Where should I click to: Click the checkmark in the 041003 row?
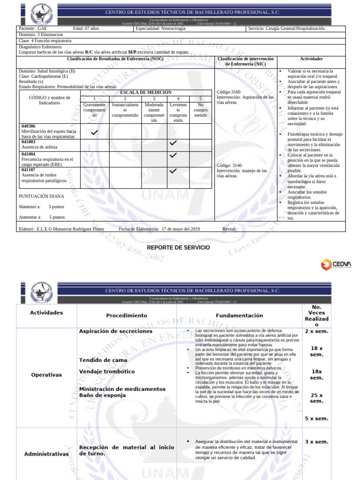pyautogui.click(x=173, y=142)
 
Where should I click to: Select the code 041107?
pyautogui.click(x=29, y=170)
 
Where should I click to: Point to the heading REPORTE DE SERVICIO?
pyautogui.click(x=178, y=247)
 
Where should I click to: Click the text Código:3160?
pyautogui.click(x=229, y=92)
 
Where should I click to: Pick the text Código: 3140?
pyautogui.click(x=230, y=165)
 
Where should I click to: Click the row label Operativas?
pyautogui.click(x=46, y=375)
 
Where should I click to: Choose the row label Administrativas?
pyautogui.click(x=46, y=454)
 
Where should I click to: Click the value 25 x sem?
pyautogui.click(x=316, y=398)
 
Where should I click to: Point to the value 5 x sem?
pyautogui.click(x=316, y=419)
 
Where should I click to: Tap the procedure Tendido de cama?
pyautogui.click(x=99, y=360)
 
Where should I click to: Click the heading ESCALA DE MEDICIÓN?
pyautogui.click(x=145, y=92)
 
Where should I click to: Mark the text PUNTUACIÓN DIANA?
pyautogui.click(x=41, y=196)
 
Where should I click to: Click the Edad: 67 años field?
pyautogui.click(x=87, y=29)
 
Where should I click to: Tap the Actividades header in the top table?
pyautogui.click(x=311, y=59)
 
